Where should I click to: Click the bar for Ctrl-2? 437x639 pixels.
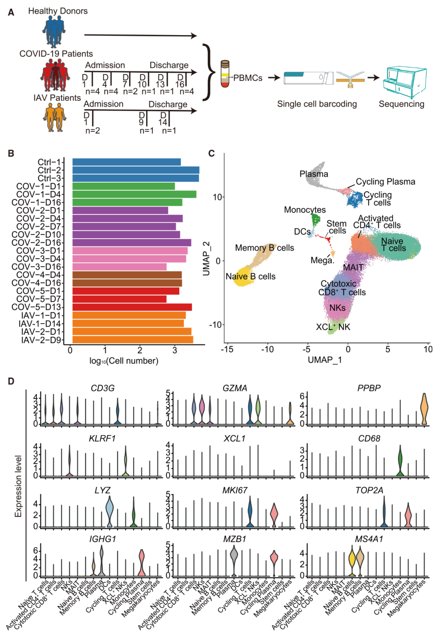136,170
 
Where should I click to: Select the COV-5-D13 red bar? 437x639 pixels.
132,307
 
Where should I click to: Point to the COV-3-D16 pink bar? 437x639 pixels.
119,267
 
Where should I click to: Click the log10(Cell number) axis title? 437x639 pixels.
124,361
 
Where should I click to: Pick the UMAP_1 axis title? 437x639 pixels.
325,360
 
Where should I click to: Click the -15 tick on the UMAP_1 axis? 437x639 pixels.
227,349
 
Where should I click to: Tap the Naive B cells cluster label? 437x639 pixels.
250,277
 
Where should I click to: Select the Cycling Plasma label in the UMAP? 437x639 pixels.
385,182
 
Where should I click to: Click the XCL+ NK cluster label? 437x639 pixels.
333,327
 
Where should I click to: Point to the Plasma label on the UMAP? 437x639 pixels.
314,174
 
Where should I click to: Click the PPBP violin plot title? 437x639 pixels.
369,388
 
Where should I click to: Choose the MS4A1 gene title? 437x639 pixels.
369,539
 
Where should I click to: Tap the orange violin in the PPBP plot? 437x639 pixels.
424,409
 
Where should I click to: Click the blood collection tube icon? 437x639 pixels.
225,74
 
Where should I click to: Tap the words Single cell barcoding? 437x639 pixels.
317,104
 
